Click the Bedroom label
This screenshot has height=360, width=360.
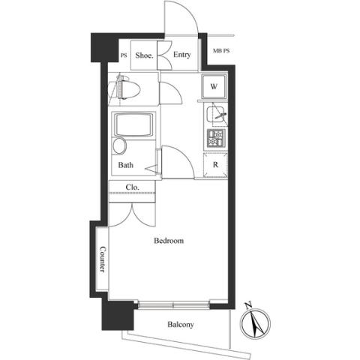(169, 241)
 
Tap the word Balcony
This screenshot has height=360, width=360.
(181, 325)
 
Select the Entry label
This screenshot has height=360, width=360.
(182, 55)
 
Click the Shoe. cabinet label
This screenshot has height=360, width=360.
(144, 55)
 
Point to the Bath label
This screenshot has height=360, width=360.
(125, 165)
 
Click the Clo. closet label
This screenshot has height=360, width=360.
(132, 187)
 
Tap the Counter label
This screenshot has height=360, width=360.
(103, 259)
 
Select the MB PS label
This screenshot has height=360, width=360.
(221, 51)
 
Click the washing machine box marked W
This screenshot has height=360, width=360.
(214, 86)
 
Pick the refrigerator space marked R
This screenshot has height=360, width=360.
(215, 165)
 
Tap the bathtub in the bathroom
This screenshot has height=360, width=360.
(133, 124)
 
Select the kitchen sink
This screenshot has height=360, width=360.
(215, 114)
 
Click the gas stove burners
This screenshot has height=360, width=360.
(216, 138)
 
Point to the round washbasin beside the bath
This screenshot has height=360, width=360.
(119, 145)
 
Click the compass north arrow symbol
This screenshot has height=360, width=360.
(255, 323)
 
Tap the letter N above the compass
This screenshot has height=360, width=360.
(248, 305)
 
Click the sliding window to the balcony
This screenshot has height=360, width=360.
(174, 305)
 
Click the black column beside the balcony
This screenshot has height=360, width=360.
(118, 316)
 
